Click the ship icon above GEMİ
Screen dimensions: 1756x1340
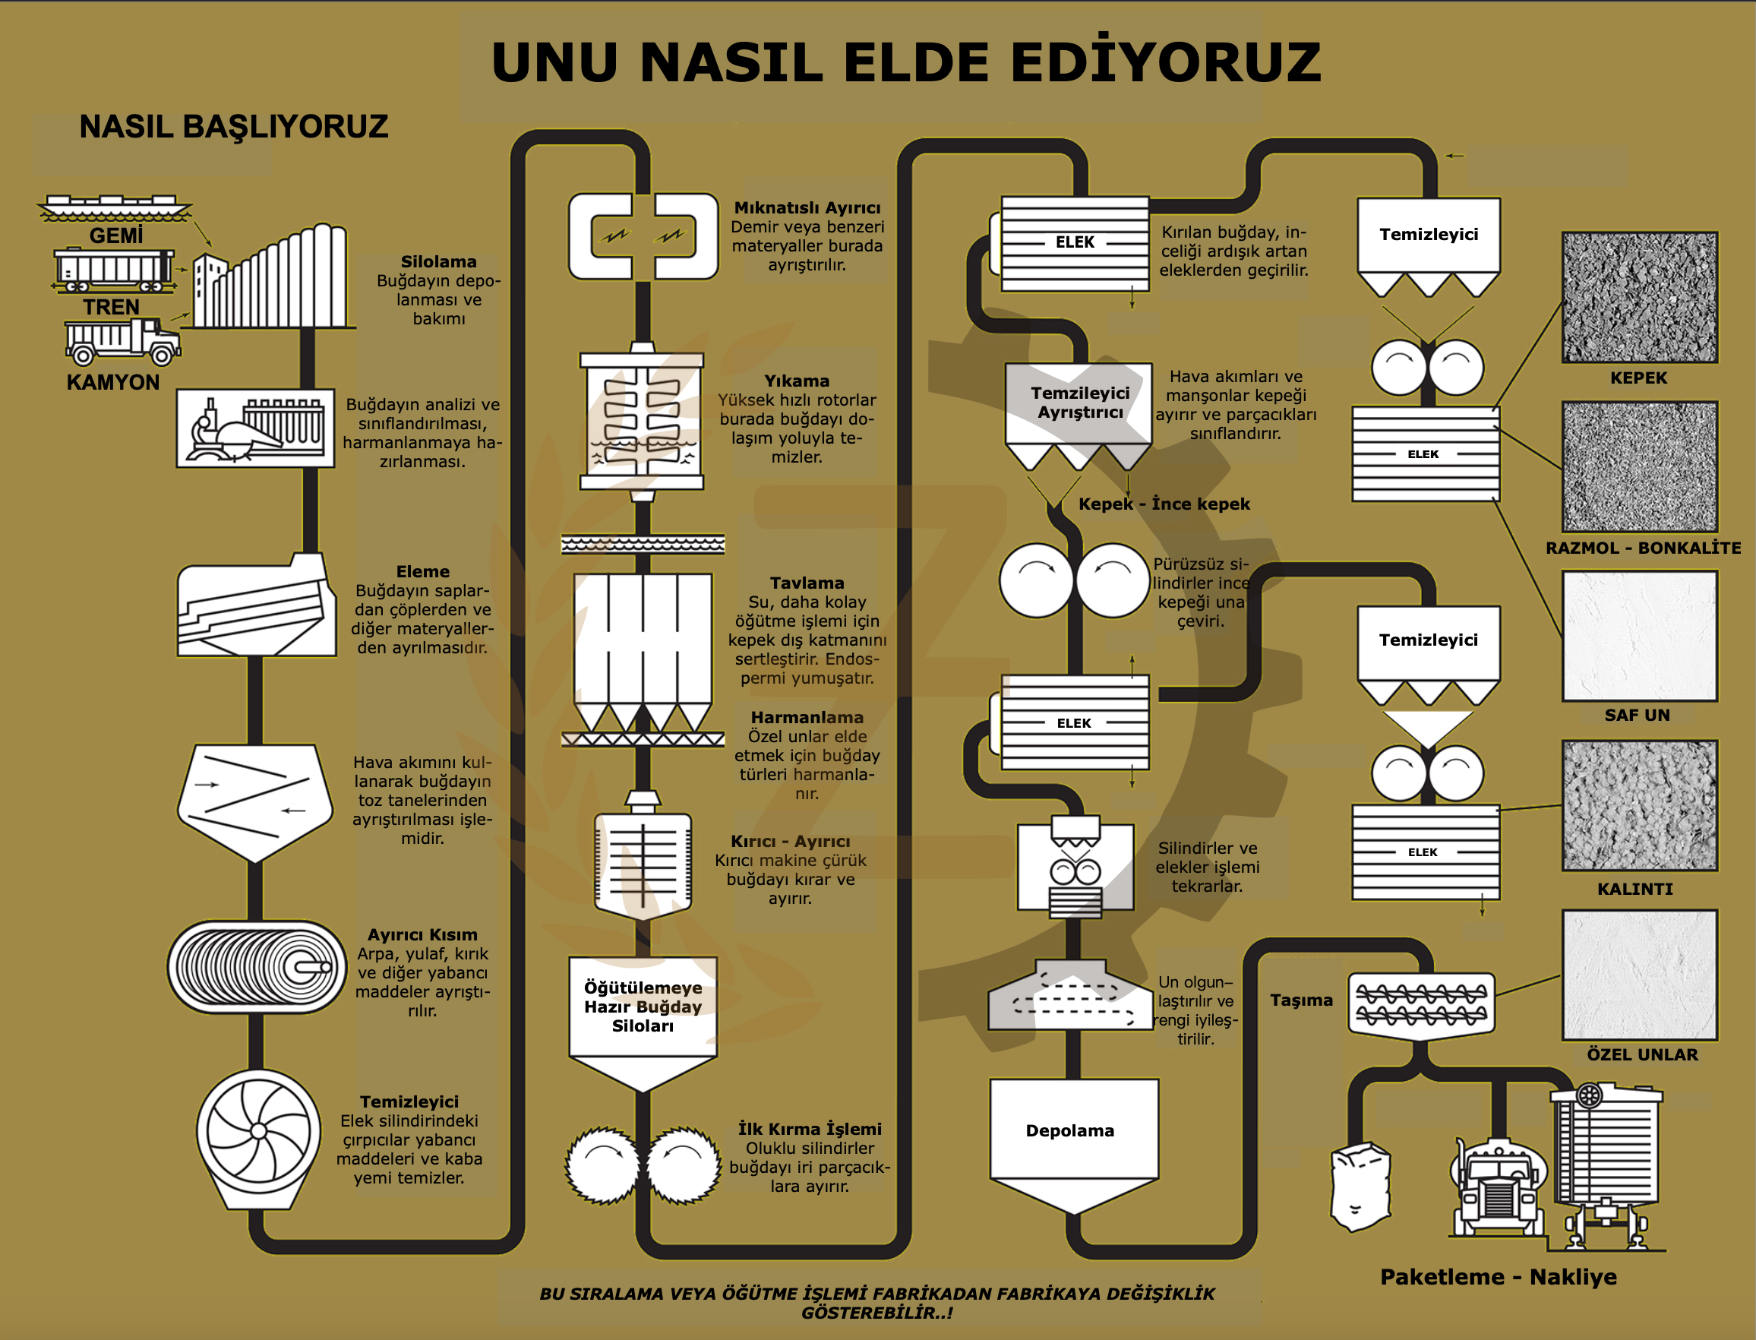point(115,207)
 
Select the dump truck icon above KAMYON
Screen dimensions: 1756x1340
point(123,341)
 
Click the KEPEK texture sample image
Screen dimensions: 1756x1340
point(1640,298)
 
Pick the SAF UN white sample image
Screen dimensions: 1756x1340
point(1640,636)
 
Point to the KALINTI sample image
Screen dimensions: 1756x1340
point(1640,805)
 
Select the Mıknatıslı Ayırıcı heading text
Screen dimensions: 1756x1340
point(807,208)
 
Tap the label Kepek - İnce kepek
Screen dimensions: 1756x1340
point(1164,504)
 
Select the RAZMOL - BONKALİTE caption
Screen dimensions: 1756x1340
point(1643,548)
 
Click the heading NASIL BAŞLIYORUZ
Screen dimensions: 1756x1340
point(234,127)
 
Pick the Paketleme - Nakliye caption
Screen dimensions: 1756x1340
point(1499,1277)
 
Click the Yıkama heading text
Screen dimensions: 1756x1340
point(797,381)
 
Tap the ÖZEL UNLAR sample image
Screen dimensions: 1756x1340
point(1640,975)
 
